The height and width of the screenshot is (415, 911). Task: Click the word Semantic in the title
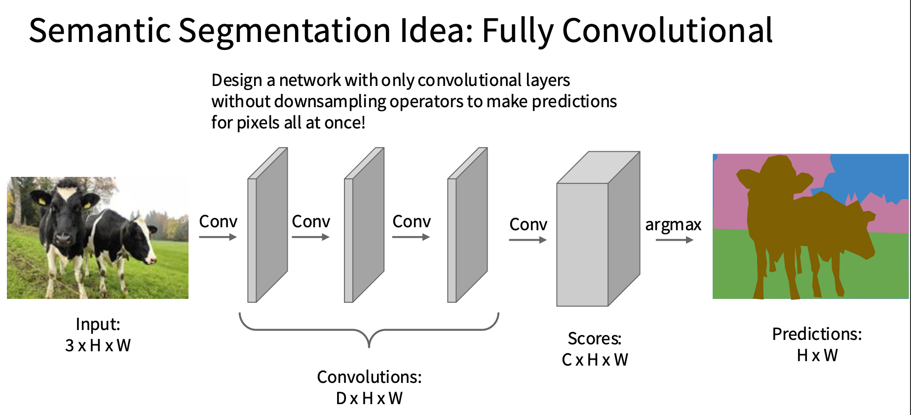click(x=100, y=30)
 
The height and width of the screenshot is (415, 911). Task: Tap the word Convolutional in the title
click(x=667, y=30)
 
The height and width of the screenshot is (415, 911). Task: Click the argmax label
click(x=673, y=225)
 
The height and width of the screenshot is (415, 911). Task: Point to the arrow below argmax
click(x=674, y=240)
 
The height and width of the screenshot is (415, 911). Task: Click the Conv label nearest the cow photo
click(x=218, y=221)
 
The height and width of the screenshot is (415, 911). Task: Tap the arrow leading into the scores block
click(x=528, y=240)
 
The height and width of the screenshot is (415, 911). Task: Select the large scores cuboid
click(x=598, y=229)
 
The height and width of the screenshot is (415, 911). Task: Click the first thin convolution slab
click(x=267, y=225)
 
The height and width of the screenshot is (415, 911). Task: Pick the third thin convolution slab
click(x=467, y=225)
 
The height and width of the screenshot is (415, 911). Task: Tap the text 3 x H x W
click(x=98, y=345)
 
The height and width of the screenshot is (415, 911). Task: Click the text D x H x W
click(x=369, y=398)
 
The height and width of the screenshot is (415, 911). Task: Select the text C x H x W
click(x=595, y=360)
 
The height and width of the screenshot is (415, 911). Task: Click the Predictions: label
click(x=817, y=334)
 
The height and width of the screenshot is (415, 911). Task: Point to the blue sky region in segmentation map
click(x=869, y=175)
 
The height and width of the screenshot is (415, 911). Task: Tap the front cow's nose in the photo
click(x=63, y=238)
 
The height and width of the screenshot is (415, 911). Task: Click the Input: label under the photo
click(x=98, y=324)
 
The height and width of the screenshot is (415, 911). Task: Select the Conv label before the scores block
click(x=528, y=224)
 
